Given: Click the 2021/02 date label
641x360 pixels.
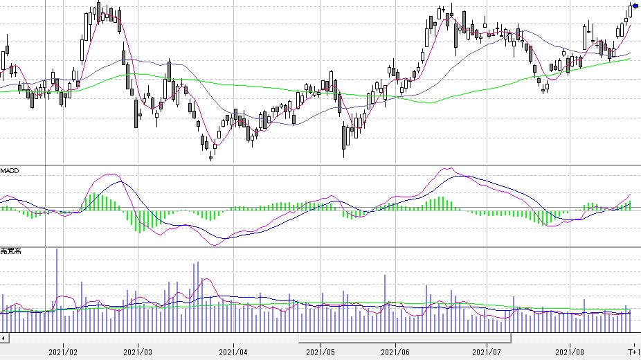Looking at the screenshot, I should [63, 352].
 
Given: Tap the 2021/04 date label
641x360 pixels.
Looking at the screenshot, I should [233, 352].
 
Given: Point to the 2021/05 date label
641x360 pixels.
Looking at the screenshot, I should [320, 352].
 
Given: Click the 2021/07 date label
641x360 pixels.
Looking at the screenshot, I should [487, 352].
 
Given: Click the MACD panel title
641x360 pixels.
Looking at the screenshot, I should [9, 170].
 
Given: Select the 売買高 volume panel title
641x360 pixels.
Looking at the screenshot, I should [10, 251].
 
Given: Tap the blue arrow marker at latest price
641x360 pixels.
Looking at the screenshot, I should [635, 6].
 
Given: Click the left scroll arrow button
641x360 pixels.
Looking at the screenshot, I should [4, 338].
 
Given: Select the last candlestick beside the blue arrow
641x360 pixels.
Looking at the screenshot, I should [631, 9].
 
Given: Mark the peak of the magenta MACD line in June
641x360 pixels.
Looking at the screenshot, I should [448, 168].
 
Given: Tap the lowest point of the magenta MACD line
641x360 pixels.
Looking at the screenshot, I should [215, 245].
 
